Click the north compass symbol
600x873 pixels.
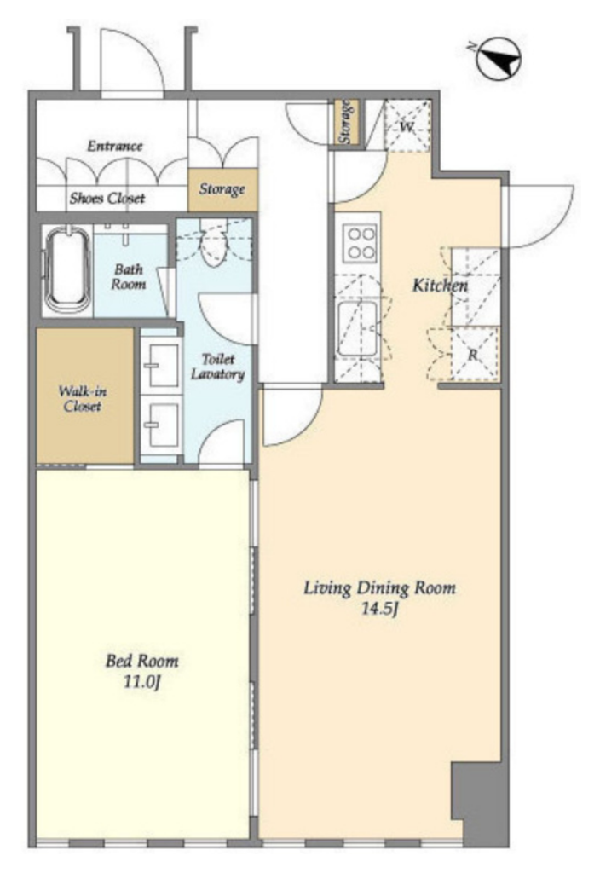(498, 58)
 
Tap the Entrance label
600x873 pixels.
(115, 146)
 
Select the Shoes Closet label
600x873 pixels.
(107, 198)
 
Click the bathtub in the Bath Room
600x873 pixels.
(67, 270)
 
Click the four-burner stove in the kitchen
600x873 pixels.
(361, 243)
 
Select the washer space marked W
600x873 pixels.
(407, 126)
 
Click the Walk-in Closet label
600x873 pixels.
(83, 398)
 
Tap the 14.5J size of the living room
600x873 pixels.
(379, 609)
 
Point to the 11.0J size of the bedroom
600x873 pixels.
(142, 681)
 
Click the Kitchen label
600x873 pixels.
(440, 286)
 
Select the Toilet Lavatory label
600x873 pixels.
(217, 367)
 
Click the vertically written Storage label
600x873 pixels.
(345, 122)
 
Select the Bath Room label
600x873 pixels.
(128, 276)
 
